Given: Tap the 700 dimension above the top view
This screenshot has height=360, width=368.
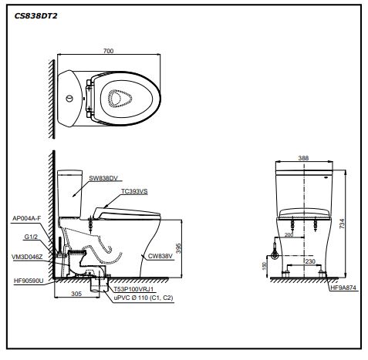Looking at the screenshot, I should click(108, 51).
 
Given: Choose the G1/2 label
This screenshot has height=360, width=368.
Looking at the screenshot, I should click(32, 237).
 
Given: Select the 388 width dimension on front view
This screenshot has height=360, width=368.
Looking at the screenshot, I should click(303, 158).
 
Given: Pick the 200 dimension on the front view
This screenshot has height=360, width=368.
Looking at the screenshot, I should click(289, 234).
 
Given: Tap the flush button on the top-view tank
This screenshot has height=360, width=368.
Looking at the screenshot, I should click(71, 98).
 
